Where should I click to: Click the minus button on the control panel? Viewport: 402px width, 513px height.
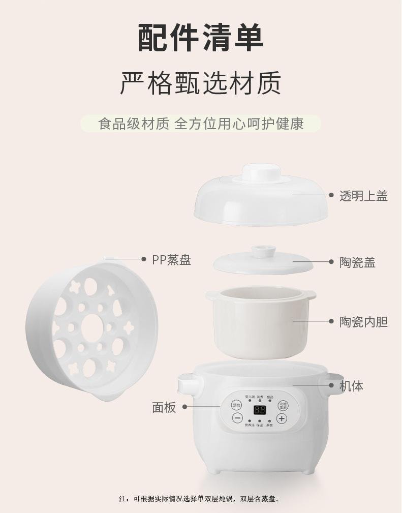pyautogui.click(x=237, y=418)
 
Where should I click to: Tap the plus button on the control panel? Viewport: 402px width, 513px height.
pyautogui.click(x=282, y=418)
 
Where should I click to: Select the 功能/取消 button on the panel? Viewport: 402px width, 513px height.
pyautogui.click(x=283, y=405)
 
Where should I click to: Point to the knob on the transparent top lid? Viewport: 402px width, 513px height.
pyautogui.click(x=260, y=172)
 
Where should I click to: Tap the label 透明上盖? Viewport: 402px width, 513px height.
pyautogui.click(x=363, y=196)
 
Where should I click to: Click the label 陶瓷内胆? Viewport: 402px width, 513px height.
pyautogui.click(x=363, y=321)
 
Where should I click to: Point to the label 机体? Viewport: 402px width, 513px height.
pyautogui.click(x=351, y=386)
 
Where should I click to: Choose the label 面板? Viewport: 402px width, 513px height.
pyautogui.click(x=164, y=407)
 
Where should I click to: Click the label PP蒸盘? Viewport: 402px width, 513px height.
pyautogui.click(x=171, y=260)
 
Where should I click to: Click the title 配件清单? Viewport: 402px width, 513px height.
pyautogui.click(x=201, y=37)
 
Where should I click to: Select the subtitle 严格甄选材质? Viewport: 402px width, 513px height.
pyautogui.click(x=201, y=82)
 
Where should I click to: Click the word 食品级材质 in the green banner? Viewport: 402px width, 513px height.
pyautogui.click(x=134, y=124)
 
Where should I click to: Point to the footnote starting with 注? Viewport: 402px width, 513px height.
pyautogui.click(x=200, y=499)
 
